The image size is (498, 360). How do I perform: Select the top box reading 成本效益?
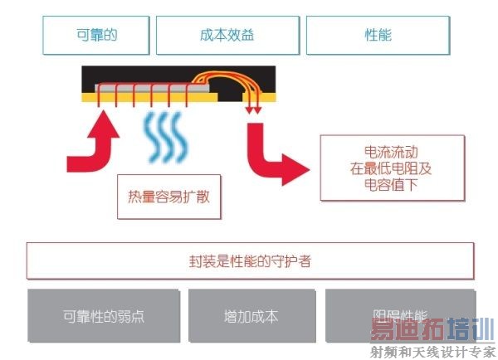227,36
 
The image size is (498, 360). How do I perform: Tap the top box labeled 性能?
378,36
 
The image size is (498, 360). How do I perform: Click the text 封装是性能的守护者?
249,261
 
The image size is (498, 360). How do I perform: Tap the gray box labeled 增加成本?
250,317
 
